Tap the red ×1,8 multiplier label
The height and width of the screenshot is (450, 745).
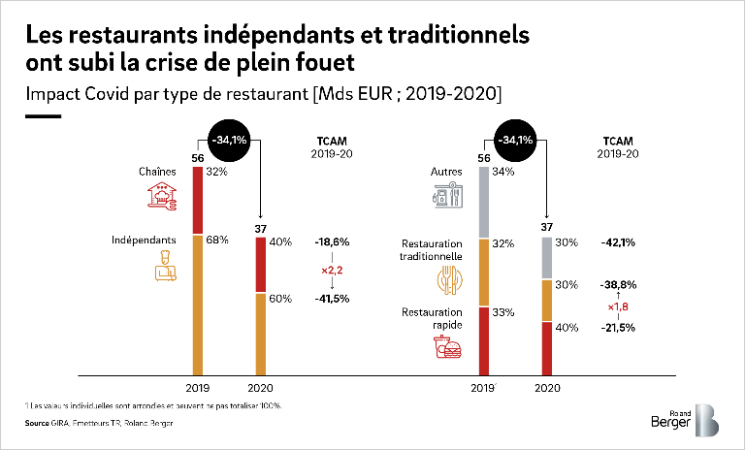[618, 307]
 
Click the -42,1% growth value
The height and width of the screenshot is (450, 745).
[617, 242]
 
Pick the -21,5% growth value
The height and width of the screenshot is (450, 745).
[617, 329]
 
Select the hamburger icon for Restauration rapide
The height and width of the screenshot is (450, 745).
[448, 349]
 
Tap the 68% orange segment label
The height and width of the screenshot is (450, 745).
[217, 240]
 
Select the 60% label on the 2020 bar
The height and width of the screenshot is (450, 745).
[280, 299]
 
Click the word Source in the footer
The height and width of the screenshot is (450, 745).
[37, 424]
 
